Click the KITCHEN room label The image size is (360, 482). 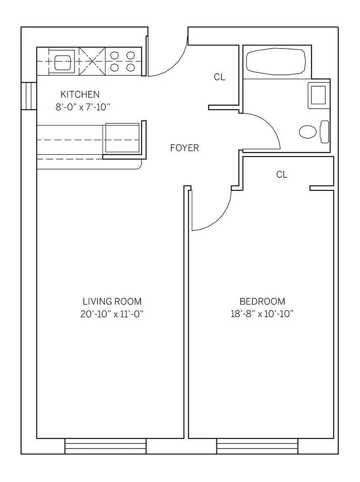[80, 94]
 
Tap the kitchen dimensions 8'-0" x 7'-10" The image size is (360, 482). [83, 107]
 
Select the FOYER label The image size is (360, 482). [185, 148]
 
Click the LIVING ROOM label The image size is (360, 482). [112, 301]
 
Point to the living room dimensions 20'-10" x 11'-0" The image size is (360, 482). [112, 314]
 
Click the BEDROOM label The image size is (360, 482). [262, 301]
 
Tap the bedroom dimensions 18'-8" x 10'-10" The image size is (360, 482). [262, 314]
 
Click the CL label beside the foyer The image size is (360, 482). [219, 77]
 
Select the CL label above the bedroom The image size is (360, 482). [282, 174]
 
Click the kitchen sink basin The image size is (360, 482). [63, 62]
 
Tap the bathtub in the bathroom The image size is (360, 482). [276, 62]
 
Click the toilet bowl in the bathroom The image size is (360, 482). [308, 132]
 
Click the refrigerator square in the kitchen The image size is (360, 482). [122, 138]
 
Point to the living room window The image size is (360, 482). [105, 446]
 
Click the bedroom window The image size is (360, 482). [257, 446]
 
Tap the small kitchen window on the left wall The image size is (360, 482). [29, 96]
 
